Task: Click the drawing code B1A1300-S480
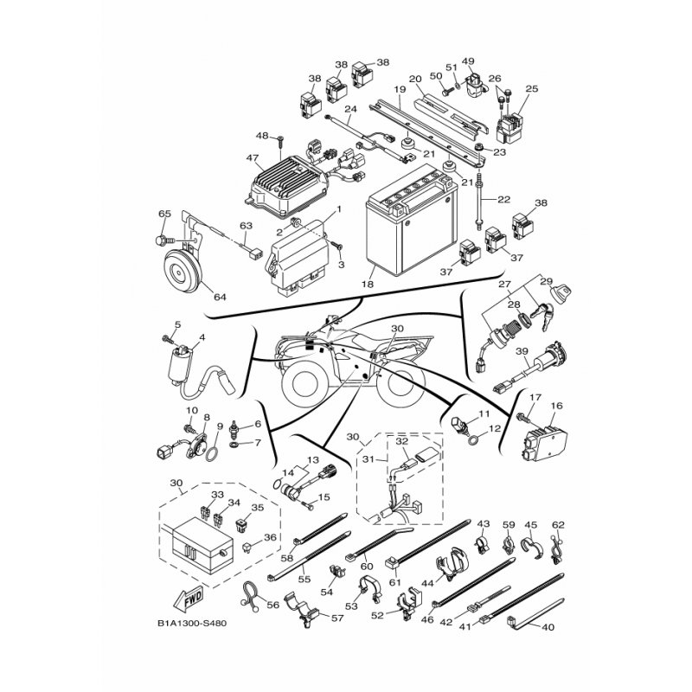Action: tap(191, 624)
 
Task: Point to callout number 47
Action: tap(252, 157)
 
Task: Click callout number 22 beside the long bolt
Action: tap(503, 200)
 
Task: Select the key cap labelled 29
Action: tap(560, 294)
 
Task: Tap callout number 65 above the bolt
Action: tap(164, 214)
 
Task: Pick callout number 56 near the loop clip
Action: tap(273, 605)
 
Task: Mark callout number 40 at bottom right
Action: tap(548, 627)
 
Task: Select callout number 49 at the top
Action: tap(468, 61)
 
